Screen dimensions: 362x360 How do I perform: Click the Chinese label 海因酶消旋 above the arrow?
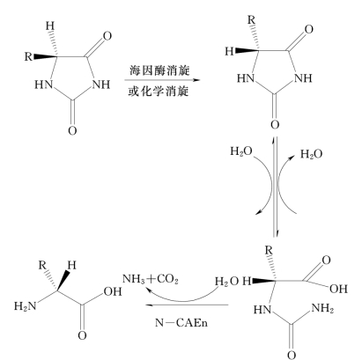point(159,70)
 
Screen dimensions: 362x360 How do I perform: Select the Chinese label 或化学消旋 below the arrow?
point(159,92)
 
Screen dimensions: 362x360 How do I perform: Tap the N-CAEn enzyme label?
point(181,323)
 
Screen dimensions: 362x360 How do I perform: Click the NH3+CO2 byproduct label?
point(151,279)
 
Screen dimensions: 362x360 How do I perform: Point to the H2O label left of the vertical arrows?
point(241,151)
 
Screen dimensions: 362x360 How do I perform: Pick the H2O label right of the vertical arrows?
point(311,154)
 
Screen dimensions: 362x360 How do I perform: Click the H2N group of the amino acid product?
point(25,306)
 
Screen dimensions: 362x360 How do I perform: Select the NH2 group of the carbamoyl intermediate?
point(322,308)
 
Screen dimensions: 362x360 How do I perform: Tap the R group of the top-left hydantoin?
point(28,56)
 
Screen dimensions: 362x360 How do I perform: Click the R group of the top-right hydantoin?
point(251,20)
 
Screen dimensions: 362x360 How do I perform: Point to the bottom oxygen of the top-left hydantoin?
point(72,130)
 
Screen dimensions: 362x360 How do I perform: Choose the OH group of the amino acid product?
point(113,291)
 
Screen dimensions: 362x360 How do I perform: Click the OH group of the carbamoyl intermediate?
point(338,289)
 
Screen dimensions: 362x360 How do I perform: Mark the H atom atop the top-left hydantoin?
point(50,26)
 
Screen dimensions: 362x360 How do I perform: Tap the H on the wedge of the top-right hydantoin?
point(229,51)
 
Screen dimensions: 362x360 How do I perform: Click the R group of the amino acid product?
point(42,265)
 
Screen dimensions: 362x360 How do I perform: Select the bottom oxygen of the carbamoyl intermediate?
point(292,355)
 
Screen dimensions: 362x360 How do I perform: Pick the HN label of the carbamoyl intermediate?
point(262,310)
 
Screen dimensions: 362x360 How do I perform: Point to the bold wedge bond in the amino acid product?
point(63,281)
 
